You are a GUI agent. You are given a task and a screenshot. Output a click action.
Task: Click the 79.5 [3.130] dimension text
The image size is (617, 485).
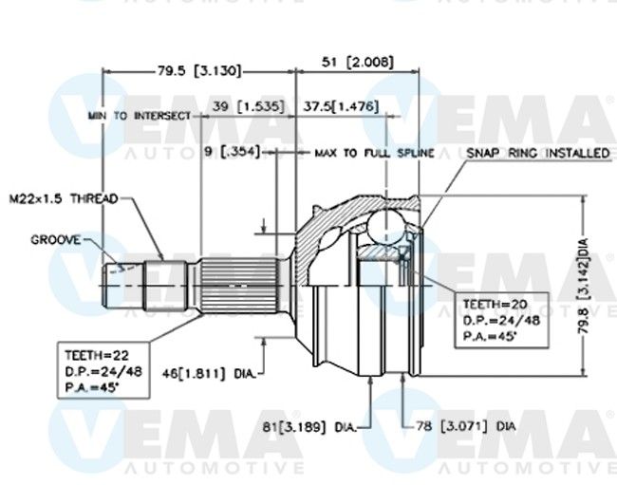pyautogui.click(x=198, y=71)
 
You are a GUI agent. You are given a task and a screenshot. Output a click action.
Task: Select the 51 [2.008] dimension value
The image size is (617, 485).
pyautogui.click(x=357, y=62)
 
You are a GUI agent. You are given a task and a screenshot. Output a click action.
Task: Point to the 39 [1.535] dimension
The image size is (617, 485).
pyautogui.click(x=248, y=106)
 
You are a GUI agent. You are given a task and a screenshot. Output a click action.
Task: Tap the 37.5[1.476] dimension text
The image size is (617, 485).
pyautogui.click(x=341, y=106)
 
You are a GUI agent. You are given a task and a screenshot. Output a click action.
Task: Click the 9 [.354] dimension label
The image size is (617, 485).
pyautogui.click(x=233, y=151)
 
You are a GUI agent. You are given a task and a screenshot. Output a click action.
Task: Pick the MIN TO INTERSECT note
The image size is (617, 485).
pyautogui.click(x=140, y=116)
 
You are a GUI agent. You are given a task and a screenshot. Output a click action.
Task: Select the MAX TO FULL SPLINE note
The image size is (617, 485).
pyautogui.click(x=374, y=153)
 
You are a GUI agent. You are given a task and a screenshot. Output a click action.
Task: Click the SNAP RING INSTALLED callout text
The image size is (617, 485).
pyautogui.click(x=538, y=153)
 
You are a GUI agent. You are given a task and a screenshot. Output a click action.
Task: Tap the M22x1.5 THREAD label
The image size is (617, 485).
pyautogui.click(x=64, y=198)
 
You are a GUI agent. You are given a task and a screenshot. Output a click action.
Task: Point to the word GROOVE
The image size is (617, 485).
pyautogui.click(x=55, y=239)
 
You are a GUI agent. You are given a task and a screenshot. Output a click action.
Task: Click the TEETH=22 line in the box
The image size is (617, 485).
pyautogui.click(x=97, y=355)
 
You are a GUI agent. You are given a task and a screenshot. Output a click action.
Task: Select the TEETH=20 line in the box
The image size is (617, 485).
pyautogui.click(x=495, y=304)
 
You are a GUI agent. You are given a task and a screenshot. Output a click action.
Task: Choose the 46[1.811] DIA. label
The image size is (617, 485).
pyautogui.click(x=209, y=373)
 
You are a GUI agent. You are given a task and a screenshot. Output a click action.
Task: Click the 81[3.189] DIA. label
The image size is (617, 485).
pyautogui.click(x=309, y=427)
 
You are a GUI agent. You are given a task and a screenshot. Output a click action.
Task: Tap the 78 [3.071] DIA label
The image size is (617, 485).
pyautogui.click(x=465, y=426)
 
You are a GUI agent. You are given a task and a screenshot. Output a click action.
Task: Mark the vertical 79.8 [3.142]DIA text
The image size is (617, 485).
pyautogui.click(x=583, y=286)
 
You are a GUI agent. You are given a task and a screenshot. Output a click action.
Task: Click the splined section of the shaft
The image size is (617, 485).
pyautogui.click(x=240, y=286)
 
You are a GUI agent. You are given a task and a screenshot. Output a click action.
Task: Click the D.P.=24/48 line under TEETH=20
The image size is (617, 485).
pyautogui.click(x=501, y=321)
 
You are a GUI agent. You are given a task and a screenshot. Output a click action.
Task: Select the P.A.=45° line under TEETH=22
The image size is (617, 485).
pyautogui.click(x=92, y=388)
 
